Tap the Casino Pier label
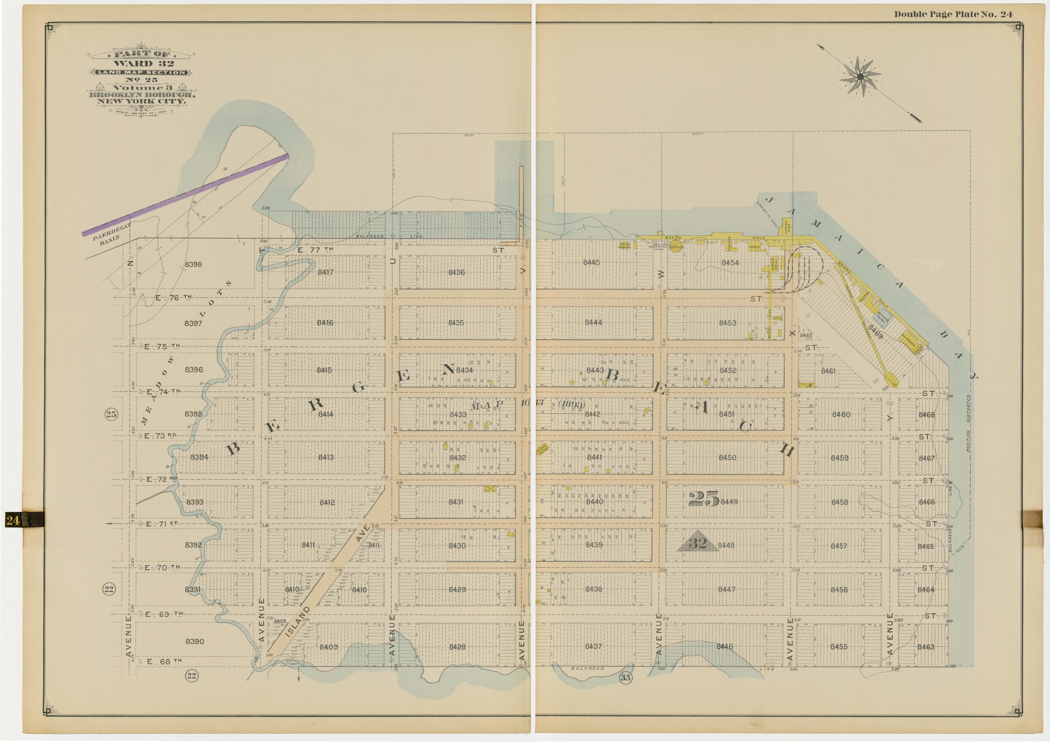point(787,227)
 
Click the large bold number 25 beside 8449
point(704,499)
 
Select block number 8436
point(456,272)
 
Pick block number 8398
point(193,265)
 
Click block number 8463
point(926,647)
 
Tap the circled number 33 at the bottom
point(625,678)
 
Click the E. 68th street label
point(164,661)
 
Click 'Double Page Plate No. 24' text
point(953,14)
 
